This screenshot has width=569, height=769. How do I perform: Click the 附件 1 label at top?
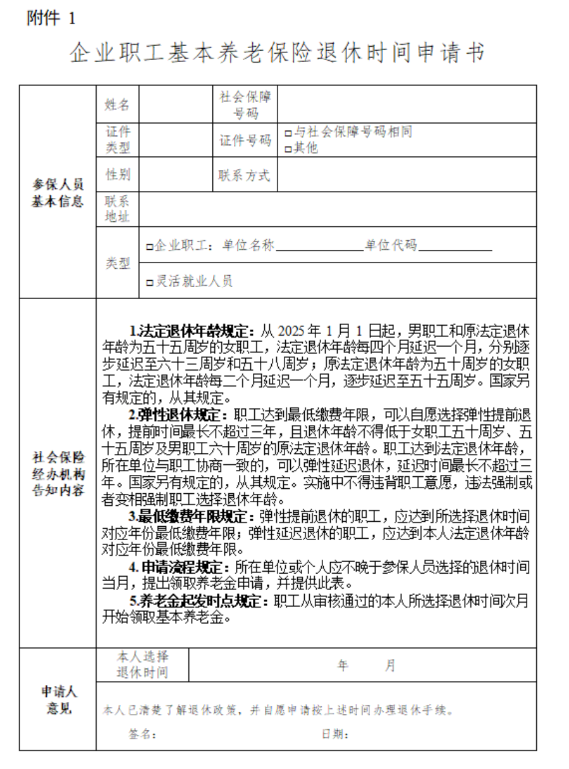51,18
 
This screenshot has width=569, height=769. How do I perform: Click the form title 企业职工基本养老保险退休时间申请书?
278,54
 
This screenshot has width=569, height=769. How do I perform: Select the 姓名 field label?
117,104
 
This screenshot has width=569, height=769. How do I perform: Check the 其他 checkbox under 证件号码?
288,149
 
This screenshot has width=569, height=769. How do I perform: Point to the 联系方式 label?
245,175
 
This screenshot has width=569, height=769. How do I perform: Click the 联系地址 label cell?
117,209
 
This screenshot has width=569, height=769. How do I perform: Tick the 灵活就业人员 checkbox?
150,282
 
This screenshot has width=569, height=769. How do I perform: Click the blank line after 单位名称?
319,247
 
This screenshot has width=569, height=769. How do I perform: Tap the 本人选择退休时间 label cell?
143,665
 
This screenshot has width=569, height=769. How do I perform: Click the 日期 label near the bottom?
335,734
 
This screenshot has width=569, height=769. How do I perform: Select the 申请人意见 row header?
58,699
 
